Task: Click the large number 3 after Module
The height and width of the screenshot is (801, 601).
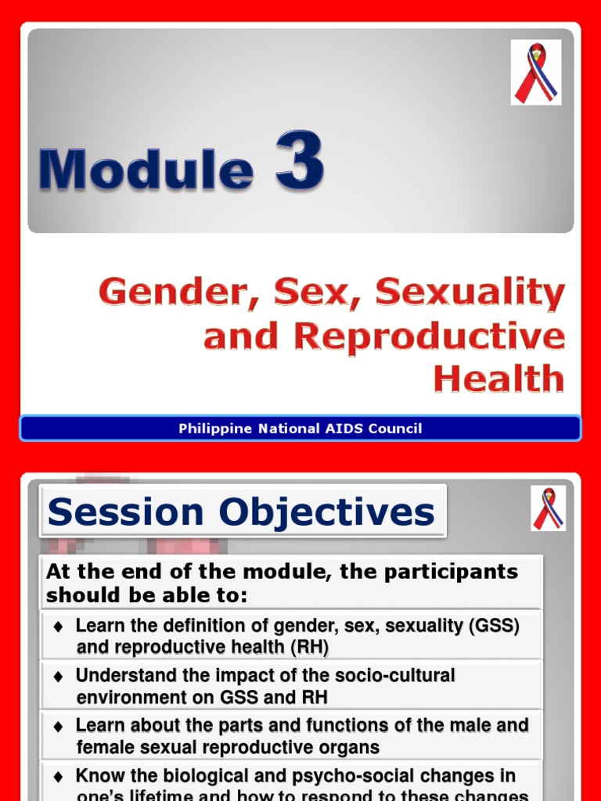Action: (x=298, y=161)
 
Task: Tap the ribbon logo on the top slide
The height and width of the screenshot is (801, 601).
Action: (x=535, y=73)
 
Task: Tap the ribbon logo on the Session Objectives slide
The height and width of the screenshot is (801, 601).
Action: (x=548, y=508)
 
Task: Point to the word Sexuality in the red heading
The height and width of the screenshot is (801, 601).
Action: (x=470, y=293)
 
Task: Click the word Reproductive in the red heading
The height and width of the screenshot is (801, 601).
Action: (x=429, y=336)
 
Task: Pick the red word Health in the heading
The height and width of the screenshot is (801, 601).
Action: (x=498, y=379)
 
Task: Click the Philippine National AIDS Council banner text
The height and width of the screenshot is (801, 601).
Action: (x=300, y=429)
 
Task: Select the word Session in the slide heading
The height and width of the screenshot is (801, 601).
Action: (x=128, y=512)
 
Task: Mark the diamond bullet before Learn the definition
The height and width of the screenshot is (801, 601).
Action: (x=58, y=627)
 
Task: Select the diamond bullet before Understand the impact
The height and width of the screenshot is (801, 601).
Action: (x=58, y=677)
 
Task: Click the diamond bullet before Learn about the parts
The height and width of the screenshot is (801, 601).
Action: (x=58, y=727)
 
